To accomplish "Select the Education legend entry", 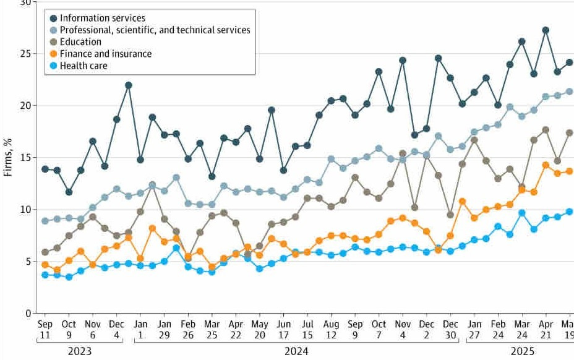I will point(80,42).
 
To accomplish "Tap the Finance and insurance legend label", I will point(105,54).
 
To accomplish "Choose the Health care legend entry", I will point(84,66).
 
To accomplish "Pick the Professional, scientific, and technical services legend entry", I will point(155,30).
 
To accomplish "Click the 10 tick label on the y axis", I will point(25,210).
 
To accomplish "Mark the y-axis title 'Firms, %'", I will point(9,158).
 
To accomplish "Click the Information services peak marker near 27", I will point(546,30).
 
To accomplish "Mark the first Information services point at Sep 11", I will point(45,169).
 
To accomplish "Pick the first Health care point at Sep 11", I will point(45,275).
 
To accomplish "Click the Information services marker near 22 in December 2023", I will point(129,85).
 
